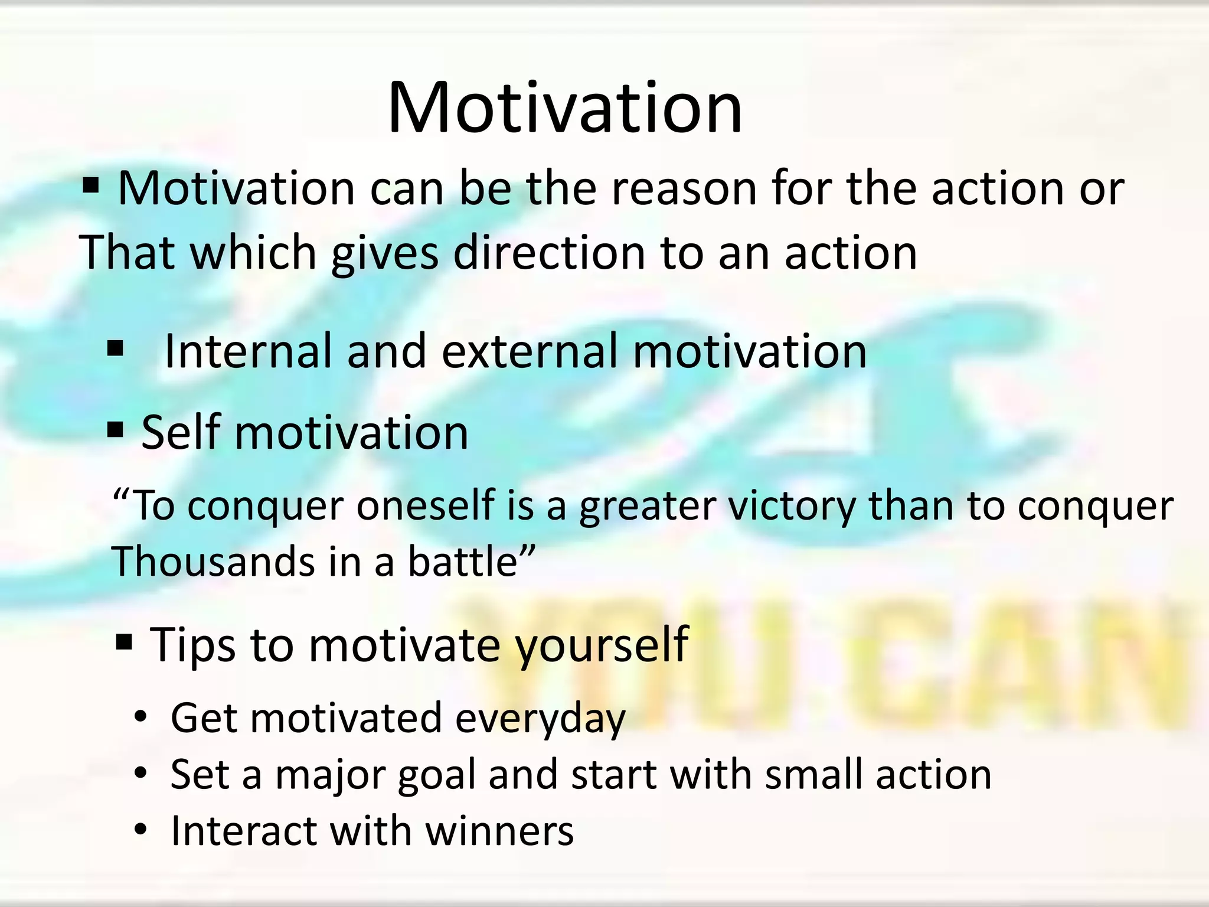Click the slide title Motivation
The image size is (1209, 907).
(x=564, y=109)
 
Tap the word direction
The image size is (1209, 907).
(x=549, y=253)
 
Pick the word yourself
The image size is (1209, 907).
(x=602, y=645)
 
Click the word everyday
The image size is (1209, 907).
(x=540, y=719)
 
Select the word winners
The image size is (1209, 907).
(x=499, y=831)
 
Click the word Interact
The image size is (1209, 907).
(x=242, y=831)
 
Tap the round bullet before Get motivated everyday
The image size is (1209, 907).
(x=140, y=717)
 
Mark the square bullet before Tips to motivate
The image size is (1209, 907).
(x=124, y=641)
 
